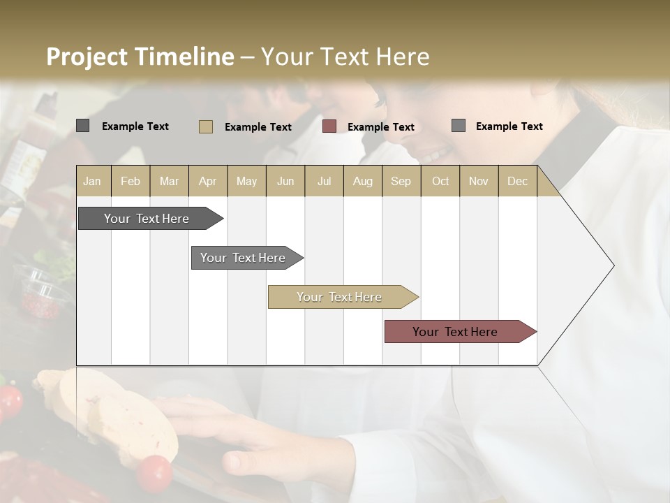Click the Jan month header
click(x=92, y=181)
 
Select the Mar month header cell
click(x=169, y=181)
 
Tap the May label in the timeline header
click(x=246, y=181)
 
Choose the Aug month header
click(x=362, y=181)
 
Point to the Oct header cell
click(x=440, y=181)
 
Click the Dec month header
click(x=517, y=181)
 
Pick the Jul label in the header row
click(x=324, y=181)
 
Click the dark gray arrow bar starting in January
click(x=147, y=219)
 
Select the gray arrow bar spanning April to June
click(x=244, y=258)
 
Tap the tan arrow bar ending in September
click(x=340, y=297)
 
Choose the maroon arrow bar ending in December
click(x=456, y=332)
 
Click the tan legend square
click(x=206, y=126)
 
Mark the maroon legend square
click(x=329, y=126)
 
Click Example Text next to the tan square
click(x=258, y=127)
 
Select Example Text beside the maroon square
click(x=380, y=127)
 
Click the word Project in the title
click(x=87, y=57)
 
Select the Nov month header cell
click(x=478, y=181)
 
